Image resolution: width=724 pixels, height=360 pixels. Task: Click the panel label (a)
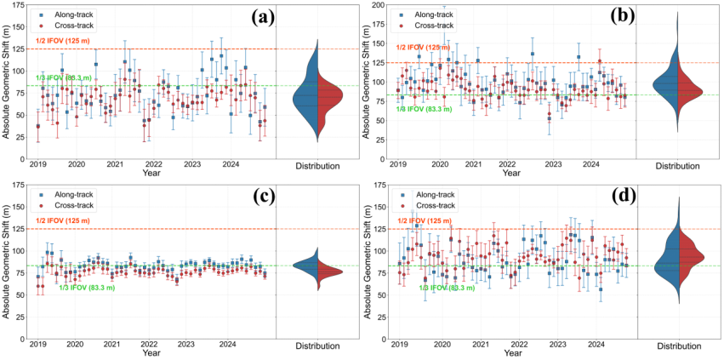(x=253, y=17)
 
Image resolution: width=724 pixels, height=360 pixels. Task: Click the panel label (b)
(x=613, y=16)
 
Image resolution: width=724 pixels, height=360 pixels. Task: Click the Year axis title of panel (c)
(x=151, y=353)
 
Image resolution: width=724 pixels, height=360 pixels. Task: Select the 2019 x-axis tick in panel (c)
(x=37, y=346)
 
